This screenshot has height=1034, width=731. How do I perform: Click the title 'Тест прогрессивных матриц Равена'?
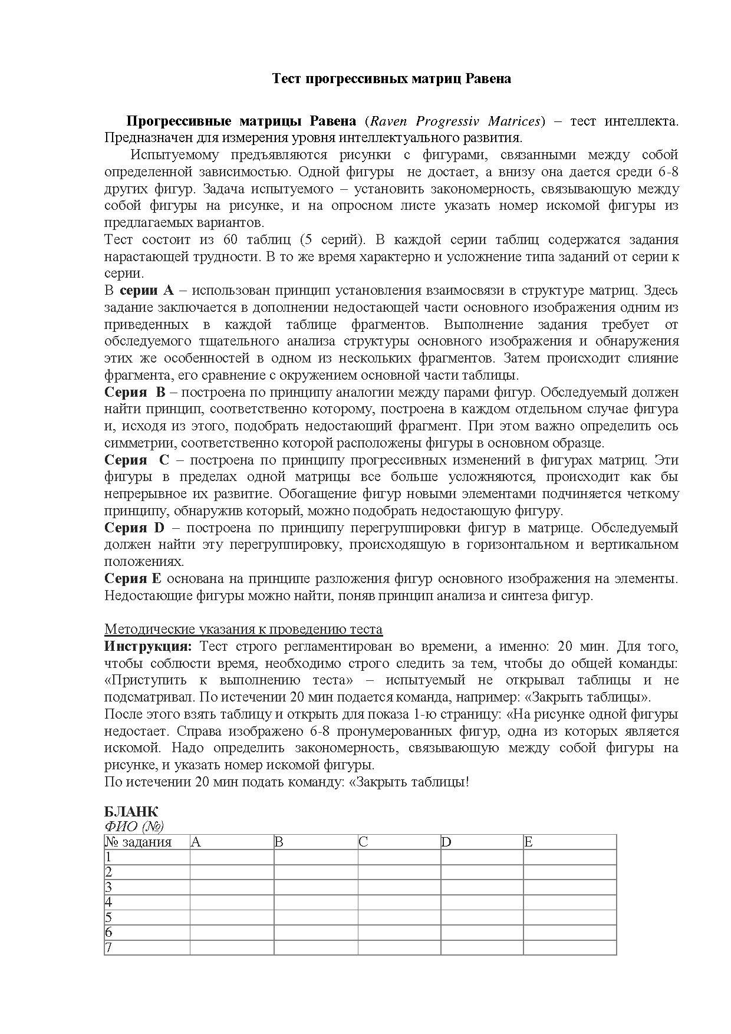tap(391, 79)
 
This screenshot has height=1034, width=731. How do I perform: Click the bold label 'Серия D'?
tap(134, 528)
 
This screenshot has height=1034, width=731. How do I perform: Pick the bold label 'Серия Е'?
tap(133, 579)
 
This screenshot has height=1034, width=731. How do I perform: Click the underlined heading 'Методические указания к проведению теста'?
tap(243, 630)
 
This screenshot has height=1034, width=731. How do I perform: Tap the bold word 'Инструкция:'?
tap(148, 647)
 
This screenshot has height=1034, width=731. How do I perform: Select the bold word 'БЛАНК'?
tap(131, 812)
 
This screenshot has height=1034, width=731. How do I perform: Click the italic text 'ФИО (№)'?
tap(134, 826)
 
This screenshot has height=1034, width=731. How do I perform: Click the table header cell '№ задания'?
tap(139, 842)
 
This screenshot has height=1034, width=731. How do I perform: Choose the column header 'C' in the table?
tap(363, 842)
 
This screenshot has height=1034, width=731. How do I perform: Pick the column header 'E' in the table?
tap(528, 842)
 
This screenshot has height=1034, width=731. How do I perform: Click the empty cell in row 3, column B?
tap(315, 887)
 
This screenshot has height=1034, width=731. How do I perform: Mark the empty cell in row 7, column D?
tap(482, 948)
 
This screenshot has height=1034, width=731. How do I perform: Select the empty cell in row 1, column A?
tap(232, 857)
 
